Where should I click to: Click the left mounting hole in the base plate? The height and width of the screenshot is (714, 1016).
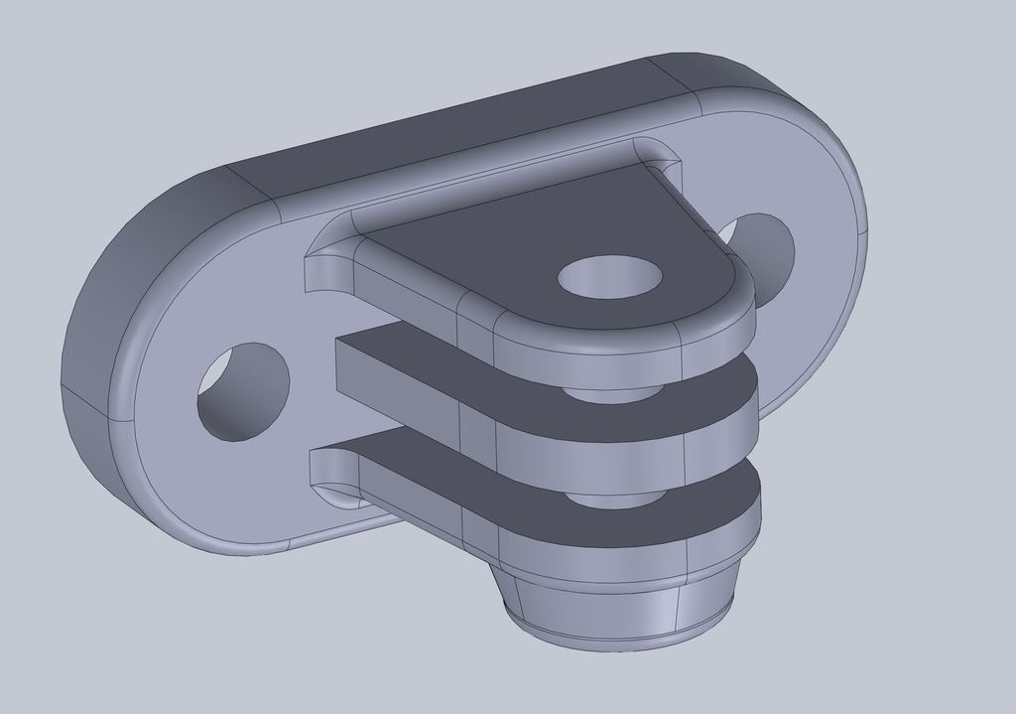(x=243, y=391)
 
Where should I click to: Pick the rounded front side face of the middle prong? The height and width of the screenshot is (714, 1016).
(x=595, y=452)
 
